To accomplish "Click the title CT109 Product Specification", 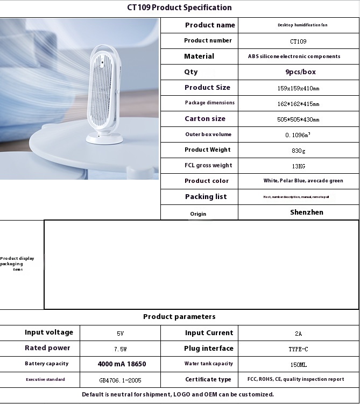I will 180,8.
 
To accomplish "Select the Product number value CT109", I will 298,41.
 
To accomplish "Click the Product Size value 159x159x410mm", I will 298,88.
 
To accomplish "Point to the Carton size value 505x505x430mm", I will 298,119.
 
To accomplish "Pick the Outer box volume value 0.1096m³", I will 298,135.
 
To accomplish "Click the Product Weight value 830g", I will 298,151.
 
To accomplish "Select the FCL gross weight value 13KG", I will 298,166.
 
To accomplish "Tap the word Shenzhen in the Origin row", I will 307,212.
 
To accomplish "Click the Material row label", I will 199,56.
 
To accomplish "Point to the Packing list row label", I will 206,197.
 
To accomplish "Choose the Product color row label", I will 207,181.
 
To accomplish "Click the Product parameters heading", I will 179,317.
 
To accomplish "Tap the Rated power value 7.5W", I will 121,349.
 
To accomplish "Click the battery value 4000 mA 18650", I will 122,364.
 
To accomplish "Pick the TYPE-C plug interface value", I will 298,349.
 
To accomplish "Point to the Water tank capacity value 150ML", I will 298,365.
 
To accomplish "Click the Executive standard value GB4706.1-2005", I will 121,380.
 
